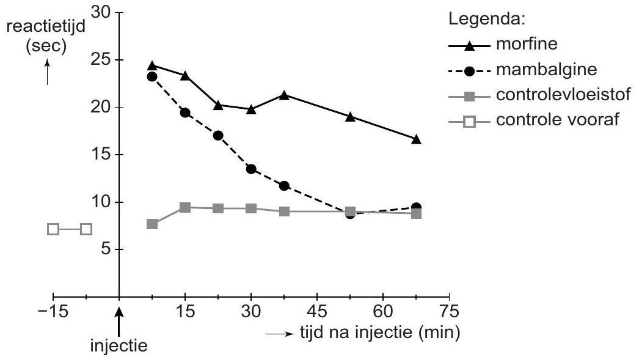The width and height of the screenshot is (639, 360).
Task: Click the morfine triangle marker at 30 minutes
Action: [250, 109]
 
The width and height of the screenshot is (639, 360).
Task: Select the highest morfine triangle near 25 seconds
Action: [152, 65]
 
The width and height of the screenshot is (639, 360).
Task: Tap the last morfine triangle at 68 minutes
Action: [416, 139]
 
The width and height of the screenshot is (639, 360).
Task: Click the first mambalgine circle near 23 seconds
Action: [152, 76]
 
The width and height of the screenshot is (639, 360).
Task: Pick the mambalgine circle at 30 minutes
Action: [250, 169]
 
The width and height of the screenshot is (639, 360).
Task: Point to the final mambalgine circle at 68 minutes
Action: [416, 208]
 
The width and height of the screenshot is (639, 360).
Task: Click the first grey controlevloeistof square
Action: [152, 224]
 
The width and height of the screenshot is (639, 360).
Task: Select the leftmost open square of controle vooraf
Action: [53, 229]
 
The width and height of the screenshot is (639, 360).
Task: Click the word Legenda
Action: [486, 20]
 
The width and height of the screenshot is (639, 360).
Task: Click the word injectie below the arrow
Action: [119, 345]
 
